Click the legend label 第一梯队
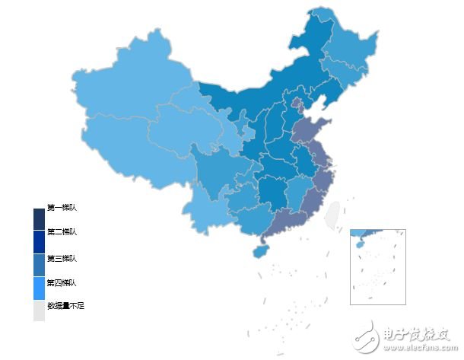(x=62, y=208)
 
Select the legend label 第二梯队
(x=62, y=232)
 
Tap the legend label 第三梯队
(x=62, y=259)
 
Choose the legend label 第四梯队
(x=62, y=283)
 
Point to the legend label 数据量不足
(x=65, y=305)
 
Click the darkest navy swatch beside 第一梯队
(x=39, y=218)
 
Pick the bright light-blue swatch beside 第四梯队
(x=39, y=288)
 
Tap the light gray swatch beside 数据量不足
(x=39, y=310)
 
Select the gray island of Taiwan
(x=332, y=216)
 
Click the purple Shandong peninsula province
(x=311, y=132)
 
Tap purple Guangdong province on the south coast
(x=288, y=220)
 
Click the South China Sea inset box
(x=377, y=266)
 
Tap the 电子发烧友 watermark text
(x=419, y=335)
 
